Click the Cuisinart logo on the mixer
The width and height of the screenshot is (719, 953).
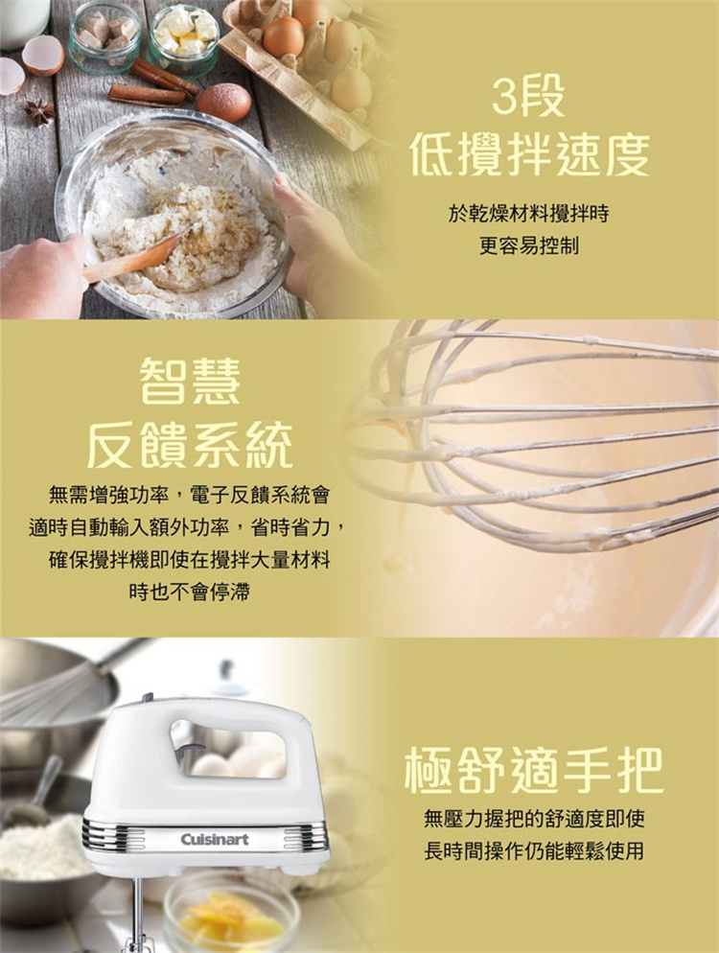click(215, 839)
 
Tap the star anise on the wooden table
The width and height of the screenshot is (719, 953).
click(40, 112)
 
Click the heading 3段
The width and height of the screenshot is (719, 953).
click(527, 97)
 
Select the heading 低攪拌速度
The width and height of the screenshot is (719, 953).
click(529, 153)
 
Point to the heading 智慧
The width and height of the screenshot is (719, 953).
click(190, 381)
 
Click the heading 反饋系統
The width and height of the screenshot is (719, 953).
click(190, 447)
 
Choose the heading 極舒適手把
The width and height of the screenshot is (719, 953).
click(534, 771)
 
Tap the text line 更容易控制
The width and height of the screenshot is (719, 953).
click(529, 245)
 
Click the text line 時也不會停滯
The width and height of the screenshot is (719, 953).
click(190, 592)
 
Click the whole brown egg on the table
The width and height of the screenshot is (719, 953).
click(223, 102)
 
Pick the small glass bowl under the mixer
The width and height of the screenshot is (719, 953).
click(231, 912)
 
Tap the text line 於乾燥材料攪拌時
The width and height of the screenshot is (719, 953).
click(529, 214)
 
